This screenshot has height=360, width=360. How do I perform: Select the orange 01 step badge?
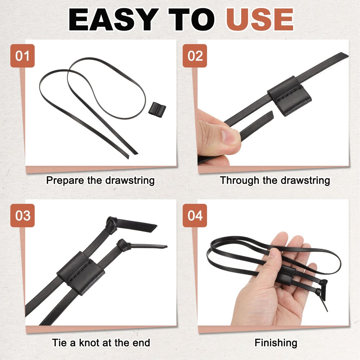pyautogui.click(x=22, y=56)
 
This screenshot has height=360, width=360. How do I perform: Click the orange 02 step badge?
pyautogui.click(x=195, y=56)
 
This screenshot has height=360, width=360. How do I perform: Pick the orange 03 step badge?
pyautogui.click(x=22, y=215)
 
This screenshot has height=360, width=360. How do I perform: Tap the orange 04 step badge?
pyautogui.click(x=195, y=215)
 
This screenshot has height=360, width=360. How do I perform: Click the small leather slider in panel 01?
pyautogui.click(x=157, y=110)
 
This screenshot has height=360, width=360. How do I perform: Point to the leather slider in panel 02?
pyautogui.click(x=289, y=95)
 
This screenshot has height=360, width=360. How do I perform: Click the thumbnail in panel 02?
pyautogui.click(x=231, y=136)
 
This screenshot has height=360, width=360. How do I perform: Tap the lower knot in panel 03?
pyautogui.click(x=124, y=245)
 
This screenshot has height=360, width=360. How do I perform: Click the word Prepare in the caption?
pyautogui.click(x=65, y=180)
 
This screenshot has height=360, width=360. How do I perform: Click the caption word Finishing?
pyautogui.click(x=276, y=343)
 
